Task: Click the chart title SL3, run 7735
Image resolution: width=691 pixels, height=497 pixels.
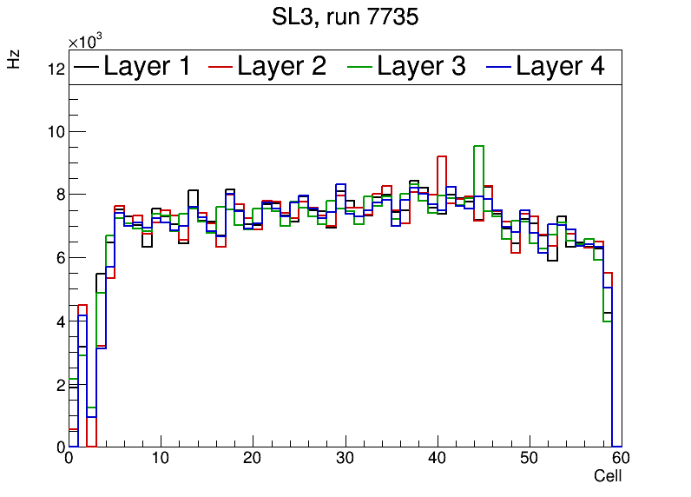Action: (345, 17)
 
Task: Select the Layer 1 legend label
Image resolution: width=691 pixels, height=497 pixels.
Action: (147, 66)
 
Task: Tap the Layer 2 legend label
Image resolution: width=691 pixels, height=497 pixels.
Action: (282, 66)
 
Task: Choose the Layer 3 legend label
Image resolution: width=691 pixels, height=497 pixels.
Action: (421, 66)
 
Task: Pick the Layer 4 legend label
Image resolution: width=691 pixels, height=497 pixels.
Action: (560, 66)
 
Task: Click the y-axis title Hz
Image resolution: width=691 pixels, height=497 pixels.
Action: (15, 60)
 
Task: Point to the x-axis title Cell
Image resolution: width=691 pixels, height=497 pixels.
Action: (607, 476)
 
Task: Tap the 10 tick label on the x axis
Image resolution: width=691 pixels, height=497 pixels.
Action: (161, 459)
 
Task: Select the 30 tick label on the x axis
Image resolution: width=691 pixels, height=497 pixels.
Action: (345, 459)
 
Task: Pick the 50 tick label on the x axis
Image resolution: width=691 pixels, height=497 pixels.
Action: (529, 459)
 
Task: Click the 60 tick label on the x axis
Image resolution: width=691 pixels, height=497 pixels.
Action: (620, 459)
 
